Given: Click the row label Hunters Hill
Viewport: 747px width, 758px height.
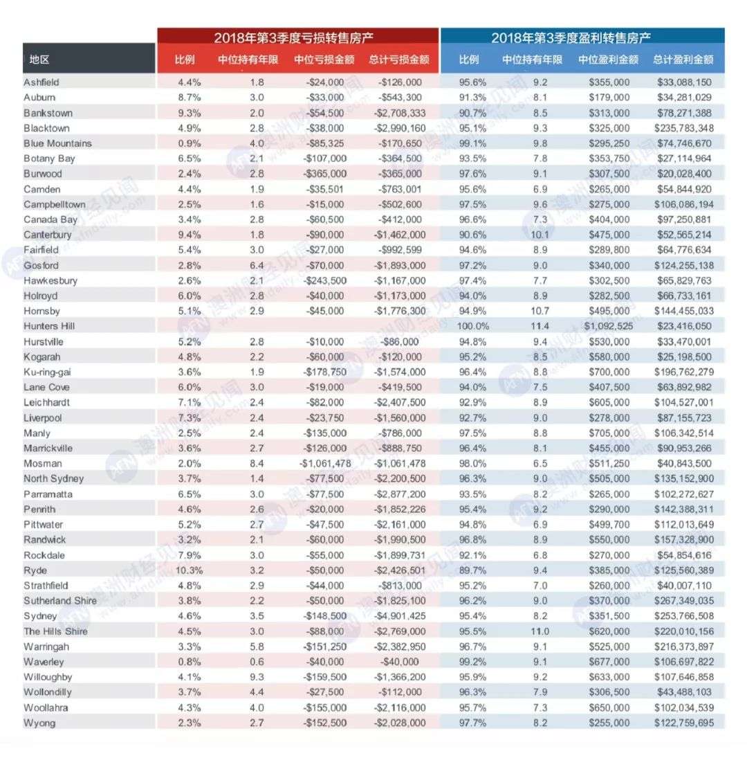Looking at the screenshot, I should (49, 326).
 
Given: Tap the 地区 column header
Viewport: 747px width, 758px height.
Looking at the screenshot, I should (39, 60).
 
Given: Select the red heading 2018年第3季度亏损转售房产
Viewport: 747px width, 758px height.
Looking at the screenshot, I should (297, 38).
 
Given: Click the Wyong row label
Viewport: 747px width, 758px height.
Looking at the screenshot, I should (39, 722).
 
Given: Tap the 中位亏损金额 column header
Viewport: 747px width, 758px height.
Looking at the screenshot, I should (324, 60).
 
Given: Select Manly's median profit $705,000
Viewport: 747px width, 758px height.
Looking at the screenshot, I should (607, 433).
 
